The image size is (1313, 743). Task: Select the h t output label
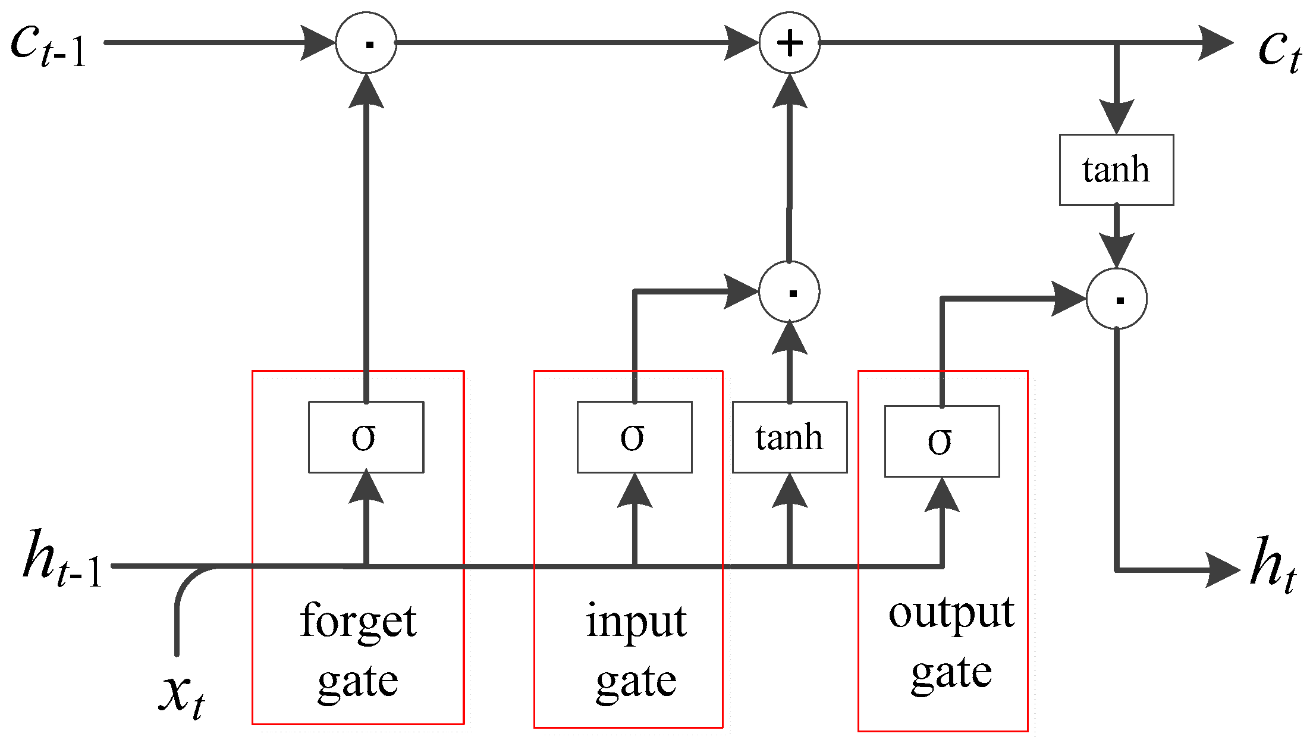(1273, 564)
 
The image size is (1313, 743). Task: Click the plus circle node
(789, 43)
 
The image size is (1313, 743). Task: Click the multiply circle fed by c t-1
(366, 43)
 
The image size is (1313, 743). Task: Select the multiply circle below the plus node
(789, 292)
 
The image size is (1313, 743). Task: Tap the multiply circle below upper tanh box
(1116, 299)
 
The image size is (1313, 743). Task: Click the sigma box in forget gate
(366, 437)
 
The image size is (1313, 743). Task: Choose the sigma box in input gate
(634, 437)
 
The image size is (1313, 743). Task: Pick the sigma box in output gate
(942, 441)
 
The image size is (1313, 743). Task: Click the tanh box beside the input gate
(790, 437)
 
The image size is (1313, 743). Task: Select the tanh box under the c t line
(1116, 170)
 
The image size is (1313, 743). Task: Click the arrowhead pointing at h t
(1222, 570)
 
